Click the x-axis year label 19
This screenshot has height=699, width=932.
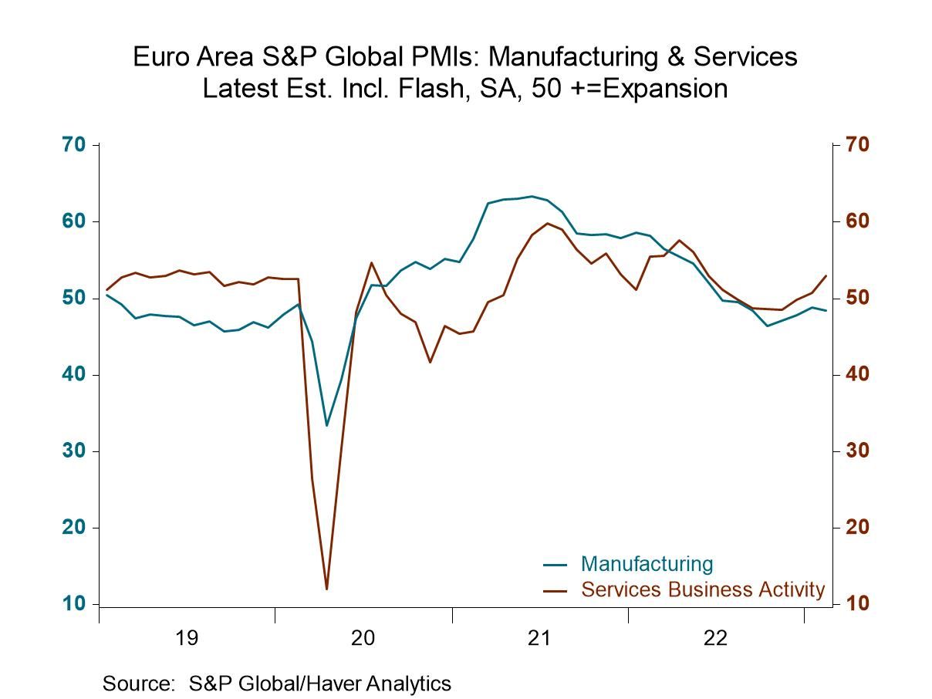pyautogui.click(x=187, y=638)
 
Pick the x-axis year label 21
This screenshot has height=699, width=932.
pyautogui.click(x=539, y=638)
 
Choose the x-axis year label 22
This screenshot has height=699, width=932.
pyautogui.click(x=715, y=638)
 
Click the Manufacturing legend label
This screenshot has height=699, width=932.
pyautogui.click(x=647, y=564)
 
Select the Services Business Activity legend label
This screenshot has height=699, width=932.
pyautogui.click(x=702, y=590)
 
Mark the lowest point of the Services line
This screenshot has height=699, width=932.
pyautogui.click(x=326, y=589)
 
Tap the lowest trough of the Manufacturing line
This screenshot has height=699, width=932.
pyautogui.click(x=326, y=425)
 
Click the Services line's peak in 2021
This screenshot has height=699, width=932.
pyautogui.click(x=547, y=223)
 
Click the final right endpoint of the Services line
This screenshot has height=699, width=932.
pyautogui.click(x=826, y=275)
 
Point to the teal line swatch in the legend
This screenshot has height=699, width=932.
pyautogui.click(x=555, y=565)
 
